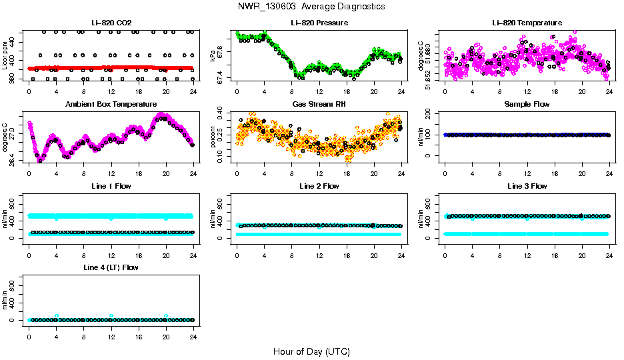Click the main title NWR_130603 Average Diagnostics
point(311,6)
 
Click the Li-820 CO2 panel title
point(111,23)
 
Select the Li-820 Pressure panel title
point(319,23)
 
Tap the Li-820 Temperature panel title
point(527,23)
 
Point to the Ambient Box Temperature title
point(111,105)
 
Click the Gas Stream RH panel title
point(319,105)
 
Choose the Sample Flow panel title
point(527,105)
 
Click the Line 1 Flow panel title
point(111,186)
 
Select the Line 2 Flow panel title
point(319,186)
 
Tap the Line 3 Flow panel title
point(527,186)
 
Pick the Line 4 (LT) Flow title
point(111,267)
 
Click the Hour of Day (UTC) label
point(311,351)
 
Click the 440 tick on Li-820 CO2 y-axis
point(16,41)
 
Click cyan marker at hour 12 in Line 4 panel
point(111,315)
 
